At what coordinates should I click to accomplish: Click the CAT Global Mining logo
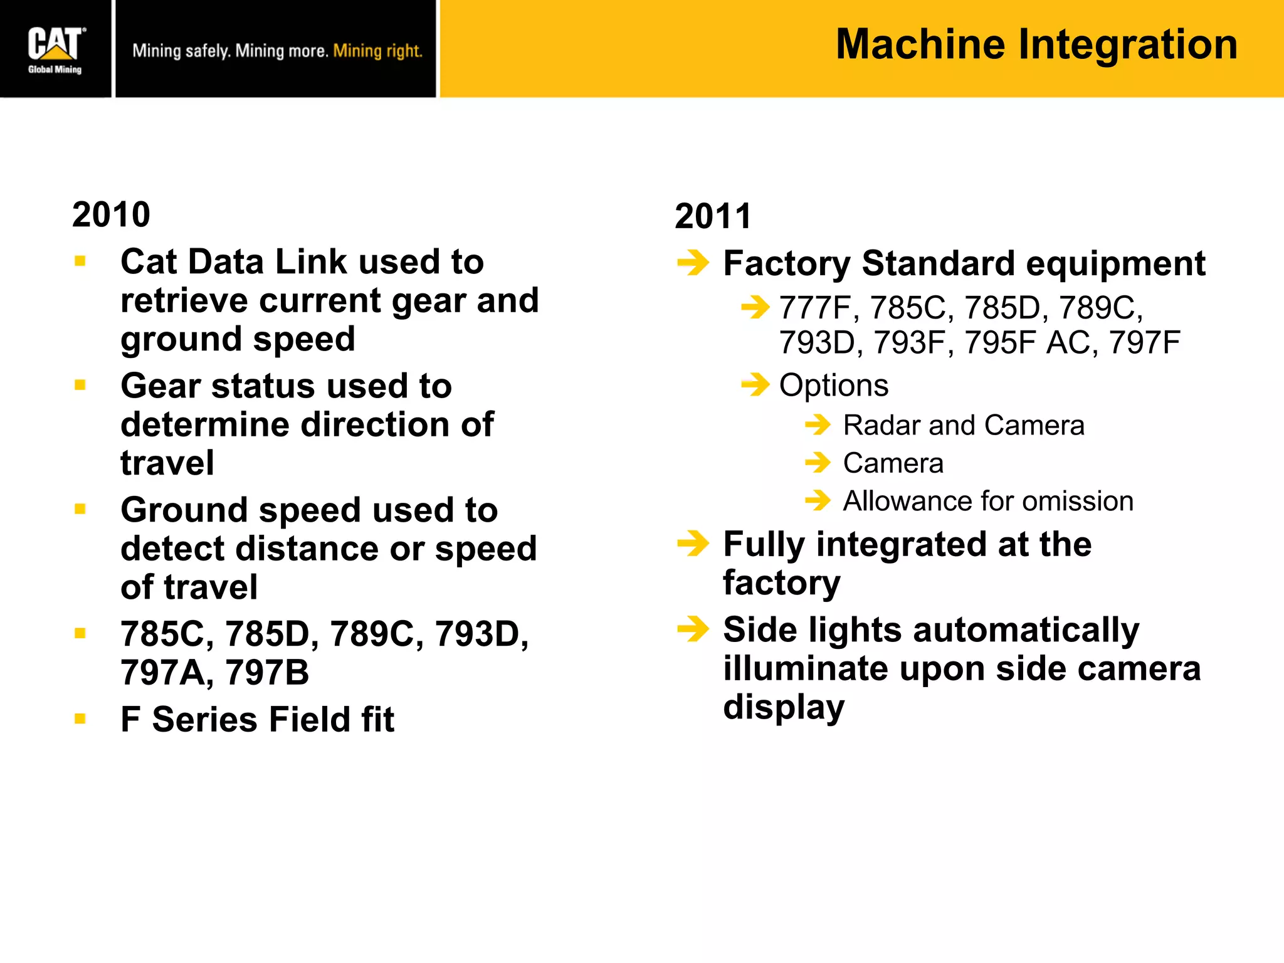55,50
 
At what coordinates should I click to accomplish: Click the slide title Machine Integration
1036,45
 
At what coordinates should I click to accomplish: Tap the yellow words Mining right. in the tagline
377,51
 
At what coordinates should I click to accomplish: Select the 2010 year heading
111,215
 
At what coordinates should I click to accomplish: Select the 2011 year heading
713,216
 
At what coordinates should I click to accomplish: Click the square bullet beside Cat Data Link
80,261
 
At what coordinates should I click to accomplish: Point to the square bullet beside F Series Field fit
80,718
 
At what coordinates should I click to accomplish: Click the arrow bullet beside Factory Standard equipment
693,263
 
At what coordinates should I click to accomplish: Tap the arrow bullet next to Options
755,384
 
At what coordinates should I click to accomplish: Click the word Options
833,385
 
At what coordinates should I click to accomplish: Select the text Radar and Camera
963,426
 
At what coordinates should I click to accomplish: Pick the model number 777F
814,308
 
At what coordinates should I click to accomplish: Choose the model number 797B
267,673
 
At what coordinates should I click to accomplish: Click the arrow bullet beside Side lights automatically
693,629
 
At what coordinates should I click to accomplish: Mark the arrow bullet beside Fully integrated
693,544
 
